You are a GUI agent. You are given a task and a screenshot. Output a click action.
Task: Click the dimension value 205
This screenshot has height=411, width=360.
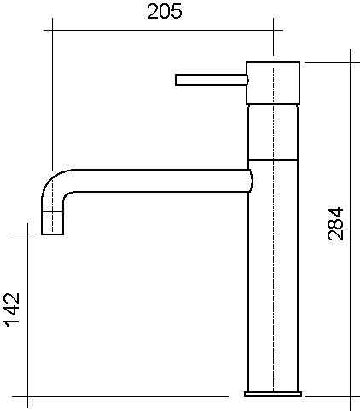[165, 12]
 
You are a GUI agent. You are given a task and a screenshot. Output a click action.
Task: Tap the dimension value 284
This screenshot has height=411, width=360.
[336, 224]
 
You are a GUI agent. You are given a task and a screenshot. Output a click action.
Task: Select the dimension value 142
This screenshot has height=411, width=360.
[12, 310]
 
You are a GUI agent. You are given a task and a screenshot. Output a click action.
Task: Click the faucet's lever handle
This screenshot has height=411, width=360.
[212, 80]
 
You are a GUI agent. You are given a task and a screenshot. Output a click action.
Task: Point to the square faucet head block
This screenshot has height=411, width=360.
[273, 83]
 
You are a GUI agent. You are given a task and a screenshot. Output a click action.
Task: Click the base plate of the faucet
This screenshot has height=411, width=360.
[273, 394]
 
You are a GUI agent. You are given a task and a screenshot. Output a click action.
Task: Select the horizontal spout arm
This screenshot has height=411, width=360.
[160, 181]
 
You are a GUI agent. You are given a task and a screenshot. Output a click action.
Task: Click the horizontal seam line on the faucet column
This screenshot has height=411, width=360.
[273, 160]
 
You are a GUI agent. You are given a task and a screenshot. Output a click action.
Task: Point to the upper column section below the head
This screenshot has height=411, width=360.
[273, 132]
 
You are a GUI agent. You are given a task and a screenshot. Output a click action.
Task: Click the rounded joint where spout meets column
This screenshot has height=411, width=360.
[251, 181]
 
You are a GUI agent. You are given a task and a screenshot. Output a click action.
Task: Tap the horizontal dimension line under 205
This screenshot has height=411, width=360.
[164, 30]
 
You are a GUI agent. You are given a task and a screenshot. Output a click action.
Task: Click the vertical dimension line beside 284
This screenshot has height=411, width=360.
[350, 229]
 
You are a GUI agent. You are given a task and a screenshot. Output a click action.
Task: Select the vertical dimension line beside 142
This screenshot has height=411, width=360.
[28, 315]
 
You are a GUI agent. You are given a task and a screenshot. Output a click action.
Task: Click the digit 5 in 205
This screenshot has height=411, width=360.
[176, 12]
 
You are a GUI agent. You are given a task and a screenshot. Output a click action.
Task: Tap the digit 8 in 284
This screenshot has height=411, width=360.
[336, 224]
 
